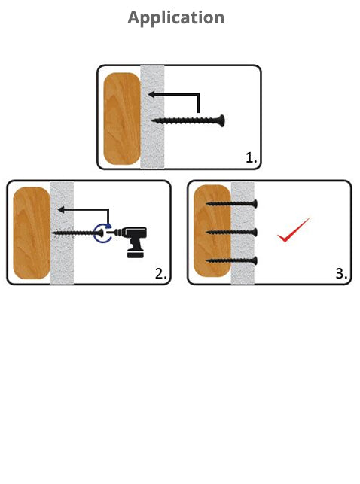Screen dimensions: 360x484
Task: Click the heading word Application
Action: [176, 18]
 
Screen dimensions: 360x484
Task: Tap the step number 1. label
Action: [251, 158]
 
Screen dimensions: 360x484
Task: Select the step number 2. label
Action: [161, 273]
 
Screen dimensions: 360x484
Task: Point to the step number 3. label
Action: [341, 273]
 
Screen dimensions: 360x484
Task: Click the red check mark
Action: [293, 230]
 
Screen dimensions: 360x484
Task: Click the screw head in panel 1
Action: [221, 120]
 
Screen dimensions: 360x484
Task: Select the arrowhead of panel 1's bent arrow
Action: [151, 94]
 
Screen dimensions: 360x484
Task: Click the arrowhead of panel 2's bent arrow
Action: [61, 210]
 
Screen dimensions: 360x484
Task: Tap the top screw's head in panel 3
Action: [255, 204]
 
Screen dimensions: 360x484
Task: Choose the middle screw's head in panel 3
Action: [255, 232]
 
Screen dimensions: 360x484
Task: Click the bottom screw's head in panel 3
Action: [255, 260]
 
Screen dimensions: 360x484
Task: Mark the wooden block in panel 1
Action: [122, 118]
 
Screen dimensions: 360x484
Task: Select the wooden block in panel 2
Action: [32, 233]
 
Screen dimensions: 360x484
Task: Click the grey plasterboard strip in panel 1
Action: [153, 117]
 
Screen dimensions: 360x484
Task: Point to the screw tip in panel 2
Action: [53, 233]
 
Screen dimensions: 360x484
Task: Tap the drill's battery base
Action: [136, 254]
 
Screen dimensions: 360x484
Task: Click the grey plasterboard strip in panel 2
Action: [62, 233]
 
